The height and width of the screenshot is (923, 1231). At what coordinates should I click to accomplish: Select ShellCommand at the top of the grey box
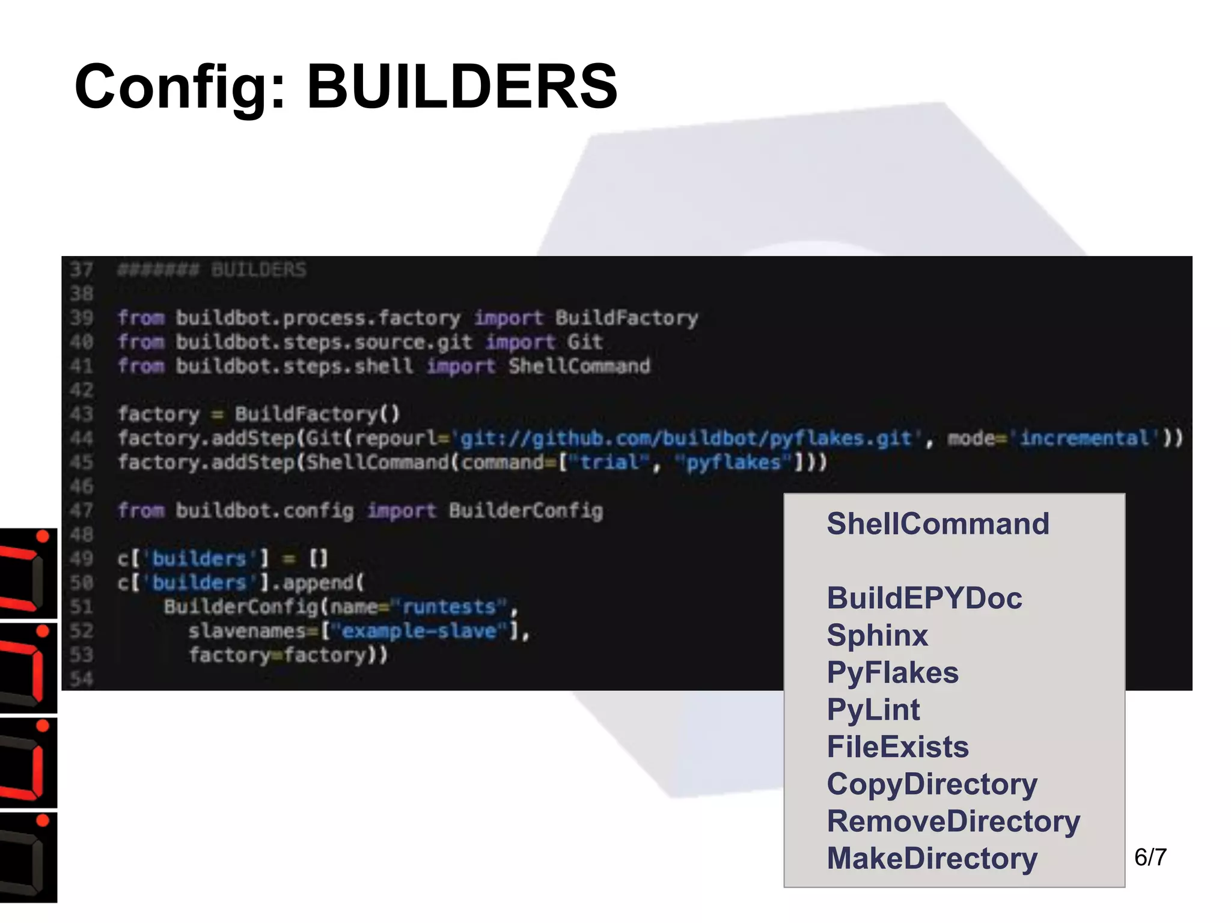click(938, 524)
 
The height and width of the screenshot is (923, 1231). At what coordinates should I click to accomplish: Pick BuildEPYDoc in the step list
click(924, 599)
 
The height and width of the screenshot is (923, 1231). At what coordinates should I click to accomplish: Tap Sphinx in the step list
click(878, 636)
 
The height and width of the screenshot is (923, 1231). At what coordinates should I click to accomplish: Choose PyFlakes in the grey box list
click(893, 673)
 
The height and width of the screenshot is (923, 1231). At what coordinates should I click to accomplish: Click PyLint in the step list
click(873, 710)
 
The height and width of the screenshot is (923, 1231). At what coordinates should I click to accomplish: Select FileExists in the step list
click(898, 748)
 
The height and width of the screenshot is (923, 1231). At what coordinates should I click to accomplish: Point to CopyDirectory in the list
click(932, 785)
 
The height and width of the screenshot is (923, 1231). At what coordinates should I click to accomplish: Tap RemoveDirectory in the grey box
click(953, 822)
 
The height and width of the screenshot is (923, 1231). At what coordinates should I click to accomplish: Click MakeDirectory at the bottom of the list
click(932, 859)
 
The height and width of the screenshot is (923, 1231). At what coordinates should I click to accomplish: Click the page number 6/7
click(1150, 858)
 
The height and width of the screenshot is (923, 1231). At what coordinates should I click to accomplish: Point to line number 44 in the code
click(82, 439)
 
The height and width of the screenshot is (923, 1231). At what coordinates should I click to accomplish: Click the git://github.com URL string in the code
click(685, 439)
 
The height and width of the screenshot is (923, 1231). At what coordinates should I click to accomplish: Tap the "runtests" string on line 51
click(448, 607)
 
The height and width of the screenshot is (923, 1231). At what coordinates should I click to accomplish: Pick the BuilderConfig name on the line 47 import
click(525, 511)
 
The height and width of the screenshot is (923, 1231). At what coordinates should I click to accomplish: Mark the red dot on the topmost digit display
click(43, 537)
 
